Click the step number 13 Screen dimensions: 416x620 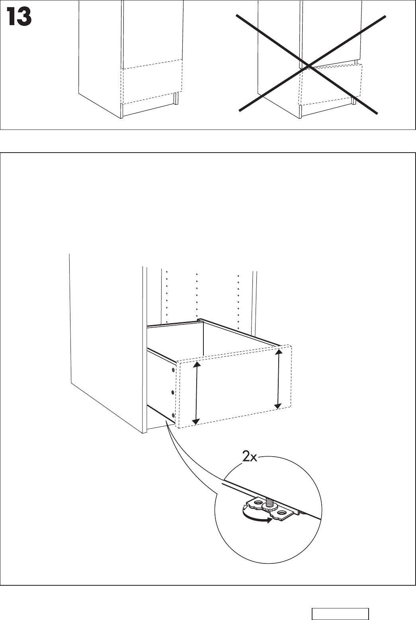tap(19, 18)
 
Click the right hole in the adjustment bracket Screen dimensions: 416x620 tap(282, 512)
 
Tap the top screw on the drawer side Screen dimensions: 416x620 tap(173, 370)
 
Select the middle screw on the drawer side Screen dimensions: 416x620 tap(172, 392)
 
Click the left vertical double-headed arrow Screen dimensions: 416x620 tap(195, 392)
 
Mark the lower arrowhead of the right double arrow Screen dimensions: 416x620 tap(278, 406)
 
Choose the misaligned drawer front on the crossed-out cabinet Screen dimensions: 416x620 tap(330, 84)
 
